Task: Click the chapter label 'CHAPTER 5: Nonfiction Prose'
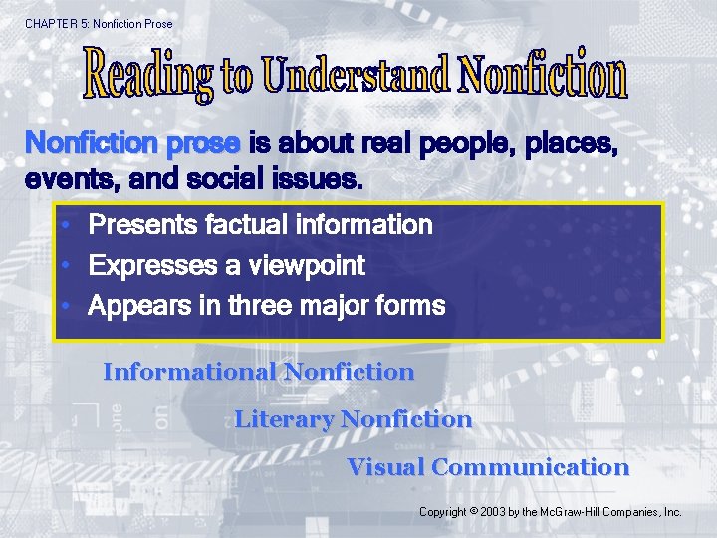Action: pyautogui.click(x=99, y=23)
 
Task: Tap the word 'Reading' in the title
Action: pyautogui.click(x=149, y=73)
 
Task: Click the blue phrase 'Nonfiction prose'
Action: pyautogui.click(x=131, y=144)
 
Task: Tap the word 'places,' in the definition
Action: pyautogui.click(x=571, y=145)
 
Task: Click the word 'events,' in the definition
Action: pyautogui.click(x=67, y=182)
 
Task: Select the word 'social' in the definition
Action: pyautogui.click(x=226, y=182)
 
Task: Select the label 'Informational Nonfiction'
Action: pyautogui.click(x=258, y=372)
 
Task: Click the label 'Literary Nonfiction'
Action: pyautogui.click(x=353, y=419)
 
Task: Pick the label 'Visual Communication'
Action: pyautogui.click(x=488, y=467)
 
